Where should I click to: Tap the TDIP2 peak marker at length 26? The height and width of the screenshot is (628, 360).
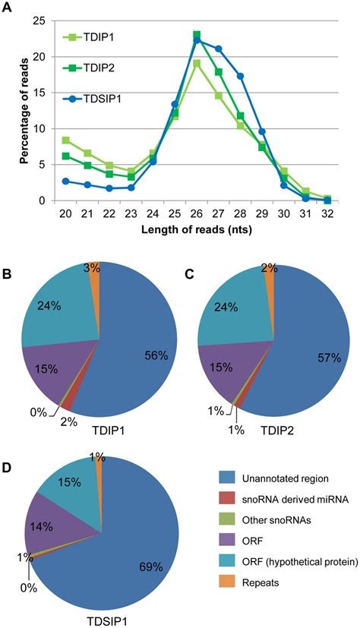click(x=197, y=35)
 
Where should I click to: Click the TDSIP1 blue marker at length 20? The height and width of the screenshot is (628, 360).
click(x=66, y=181)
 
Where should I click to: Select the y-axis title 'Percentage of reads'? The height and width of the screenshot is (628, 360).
click(x=18, y=109)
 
